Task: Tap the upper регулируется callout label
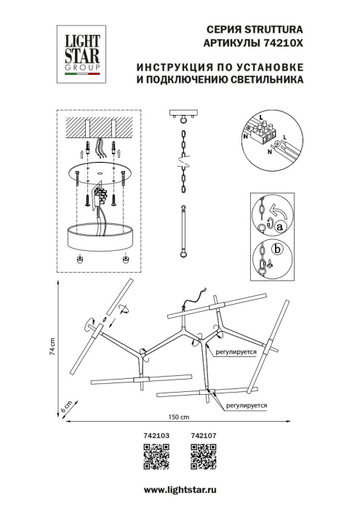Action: [x=237, y=350]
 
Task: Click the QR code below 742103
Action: [x=158, y=454]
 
